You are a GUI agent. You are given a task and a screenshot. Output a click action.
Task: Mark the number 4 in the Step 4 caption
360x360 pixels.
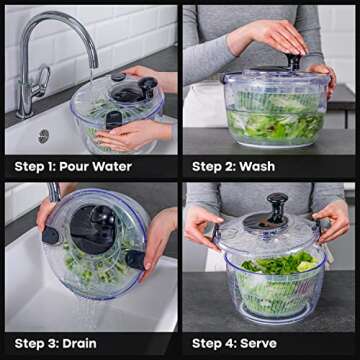click(x=238, y=343)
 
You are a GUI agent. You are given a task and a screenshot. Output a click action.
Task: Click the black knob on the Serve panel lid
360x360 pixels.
click(x=277, y=207)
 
